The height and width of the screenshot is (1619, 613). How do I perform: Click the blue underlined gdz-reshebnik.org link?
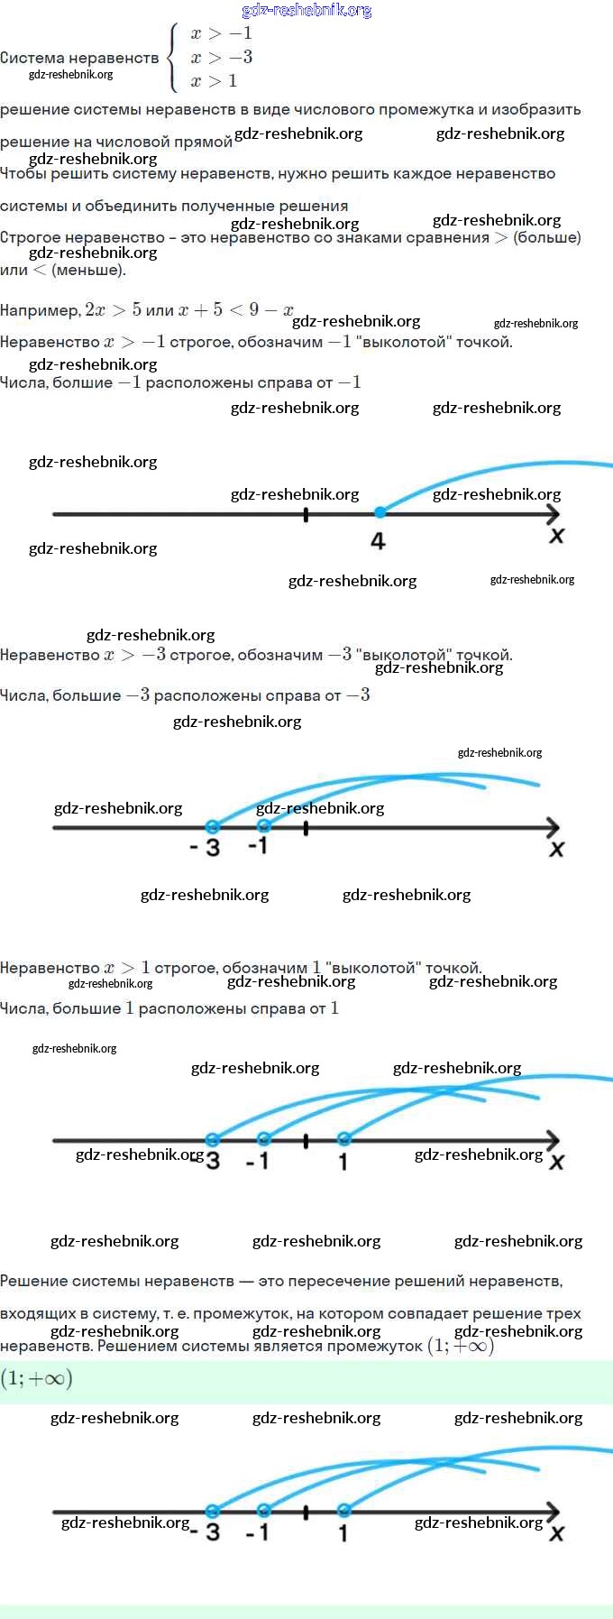tap(306, 10)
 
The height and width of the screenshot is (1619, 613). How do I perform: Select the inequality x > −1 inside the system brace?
tap(221, 33)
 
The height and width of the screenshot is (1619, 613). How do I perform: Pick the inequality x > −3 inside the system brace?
tap(221, 57)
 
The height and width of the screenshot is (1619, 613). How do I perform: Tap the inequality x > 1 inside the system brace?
tap(214, 80)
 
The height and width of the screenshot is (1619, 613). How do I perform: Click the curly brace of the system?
tap(172, 57)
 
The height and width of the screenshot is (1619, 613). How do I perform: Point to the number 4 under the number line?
tap(378, 541)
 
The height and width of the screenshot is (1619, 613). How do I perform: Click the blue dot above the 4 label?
tap(380, 512)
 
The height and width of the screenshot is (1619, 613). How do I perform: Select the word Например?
tap(40, 310)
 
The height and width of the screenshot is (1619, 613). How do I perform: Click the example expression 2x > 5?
tap(113, 309)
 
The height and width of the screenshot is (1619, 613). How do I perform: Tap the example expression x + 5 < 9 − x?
tap(236, 309)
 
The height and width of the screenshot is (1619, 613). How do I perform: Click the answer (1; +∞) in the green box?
tap(36, 1378)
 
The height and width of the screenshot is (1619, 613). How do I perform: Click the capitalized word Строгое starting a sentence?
tap(32, 237)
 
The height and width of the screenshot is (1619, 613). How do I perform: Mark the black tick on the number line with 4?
tap(306, 514)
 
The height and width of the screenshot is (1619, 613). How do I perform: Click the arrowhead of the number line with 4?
tap(554, 514)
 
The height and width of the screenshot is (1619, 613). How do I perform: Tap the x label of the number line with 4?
tap(556, 536)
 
